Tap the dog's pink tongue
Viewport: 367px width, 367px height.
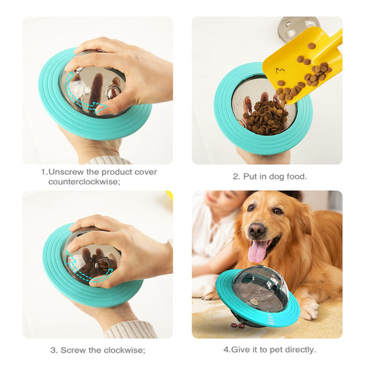[258, 252]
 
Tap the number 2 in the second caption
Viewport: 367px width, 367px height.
[236, 176]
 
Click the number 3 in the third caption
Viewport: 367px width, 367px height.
[53, 350]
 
